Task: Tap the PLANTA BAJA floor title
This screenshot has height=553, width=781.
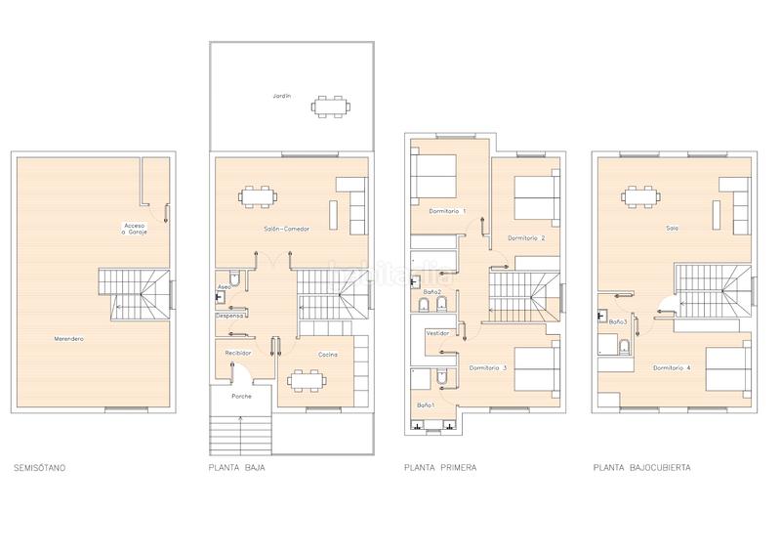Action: click(237, 468)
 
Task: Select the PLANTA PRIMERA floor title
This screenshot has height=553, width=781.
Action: click(440, 468)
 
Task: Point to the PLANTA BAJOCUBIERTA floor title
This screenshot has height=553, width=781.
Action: click(641, 468)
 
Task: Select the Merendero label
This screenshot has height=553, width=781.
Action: click(68, 338)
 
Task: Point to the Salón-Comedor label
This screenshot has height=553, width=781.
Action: click(286, 229)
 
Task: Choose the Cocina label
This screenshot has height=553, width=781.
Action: click(327, 355)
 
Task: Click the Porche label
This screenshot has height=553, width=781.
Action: click(241, 397)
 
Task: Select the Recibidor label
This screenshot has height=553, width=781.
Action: click(238, 353)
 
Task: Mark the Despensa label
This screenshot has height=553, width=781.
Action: click(229, 317)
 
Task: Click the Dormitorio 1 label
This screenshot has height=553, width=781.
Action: click(447, 211)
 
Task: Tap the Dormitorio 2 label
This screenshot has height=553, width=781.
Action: click(526, 237)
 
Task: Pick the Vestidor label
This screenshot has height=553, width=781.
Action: click(437, 333)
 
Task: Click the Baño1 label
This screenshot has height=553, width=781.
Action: click(425, 404)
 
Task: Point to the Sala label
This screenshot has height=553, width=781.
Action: click(672, 229)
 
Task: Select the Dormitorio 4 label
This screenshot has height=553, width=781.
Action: click(672, 367)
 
